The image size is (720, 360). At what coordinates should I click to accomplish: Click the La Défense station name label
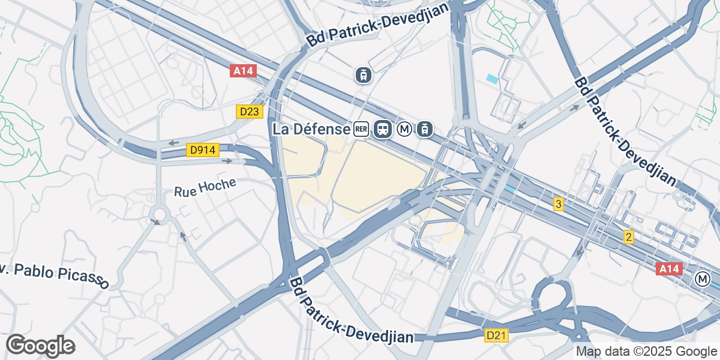coord(311,129)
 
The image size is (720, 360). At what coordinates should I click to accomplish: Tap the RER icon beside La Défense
coord(361,129)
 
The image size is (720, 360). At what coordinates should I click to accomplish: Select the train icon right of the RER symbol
coord(382,129)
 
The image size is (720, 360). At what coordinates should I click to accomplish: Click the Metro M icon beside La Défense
coord(405,129)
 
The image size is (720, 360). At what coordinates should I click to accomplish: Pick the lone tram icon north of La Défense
coord(363,75)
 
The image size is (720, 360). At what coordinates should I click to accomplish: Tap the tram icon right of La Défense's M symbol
coord(425,129)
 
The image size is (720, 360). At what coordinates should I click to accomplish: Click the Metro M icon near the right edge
coord(702,279)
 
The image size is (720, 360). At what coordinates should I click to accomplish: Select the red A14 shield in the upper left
coord(243,71)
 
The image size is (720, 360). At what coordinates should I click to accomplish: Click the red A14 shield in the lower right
coord(669,269)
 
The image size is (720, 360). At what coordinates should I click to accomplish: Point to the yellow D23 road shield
coord(250,112)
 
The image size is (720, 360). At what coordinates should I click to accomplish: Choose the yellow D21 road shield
coord(497,335)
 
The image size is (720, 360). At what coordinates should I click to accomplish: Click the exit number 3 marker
coord(559,204)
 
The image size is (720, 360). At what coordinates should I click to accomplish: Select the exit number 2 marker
coord(628,237)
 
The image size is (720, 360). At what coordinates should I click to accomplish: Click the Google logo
coord(40,346)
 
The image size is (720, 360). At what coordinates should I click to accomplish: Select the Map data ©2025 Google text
coord(646,352)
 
